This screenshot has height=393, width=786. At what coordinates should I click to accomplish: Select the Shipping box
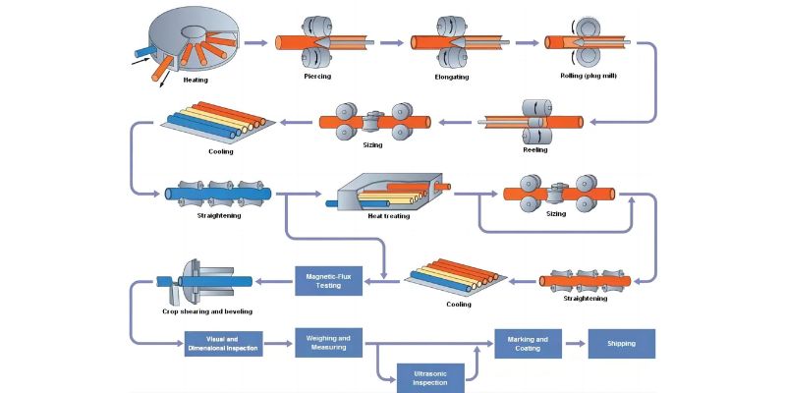621,344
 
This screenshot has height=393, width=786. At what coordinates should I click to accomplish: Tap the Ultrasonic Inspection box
430,376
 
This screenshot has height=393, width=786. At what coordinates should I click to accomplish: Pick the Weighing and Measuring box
328,343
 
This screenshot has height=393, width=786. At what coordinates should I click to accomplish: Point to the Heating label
196,79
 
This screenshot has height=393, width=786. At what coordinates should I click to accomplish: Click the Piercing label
317,76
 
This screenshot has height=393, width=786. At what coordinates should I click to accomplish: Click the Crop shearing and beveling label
207,311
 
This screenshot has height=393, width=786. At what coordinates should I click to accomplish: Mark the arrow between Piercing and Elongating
391,42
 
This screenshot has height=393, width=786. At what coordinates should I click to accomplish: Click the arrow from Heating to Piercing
254,42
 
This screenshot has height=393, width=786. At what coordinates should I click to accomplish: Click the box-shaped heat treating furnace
388,192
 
